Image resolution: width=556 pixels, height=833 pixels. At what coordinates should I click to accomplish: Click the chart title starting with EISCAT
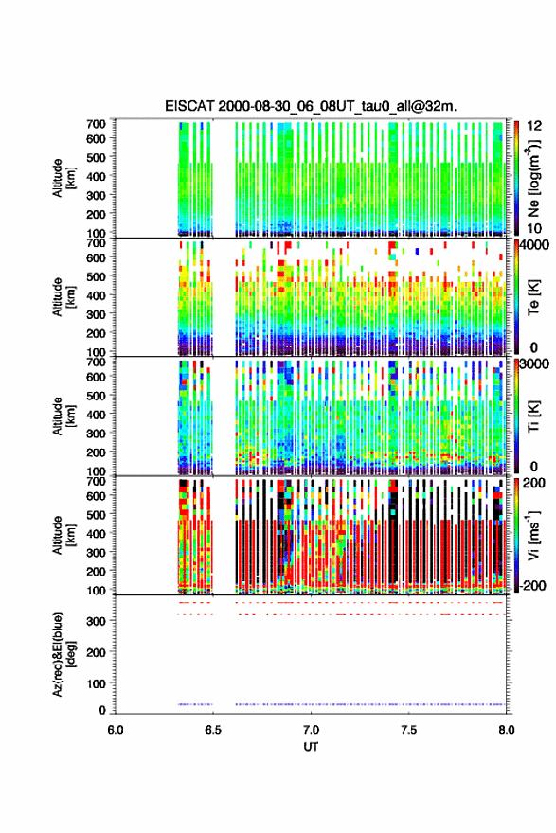[311, 106]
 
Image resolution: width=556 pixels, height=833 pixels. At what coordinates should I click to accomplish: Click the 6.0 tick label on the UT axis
[116, 730]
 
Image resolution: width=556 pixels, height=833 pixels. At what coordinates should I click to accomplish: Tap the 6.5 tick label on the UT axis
[212, 730]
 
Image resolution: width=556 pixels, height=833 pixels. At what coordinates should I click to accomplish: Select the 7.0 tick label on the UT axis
[311, 730]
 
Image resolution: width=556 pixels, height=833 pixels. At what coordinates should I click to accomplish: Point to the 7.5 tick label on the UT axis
[409, 730]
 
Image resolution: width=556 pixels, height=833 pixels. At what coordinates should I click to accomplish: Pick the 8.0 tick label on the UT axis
[507, 730]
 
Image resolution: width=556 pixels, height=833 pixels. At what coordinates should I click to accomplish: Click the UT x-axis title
[311, 747]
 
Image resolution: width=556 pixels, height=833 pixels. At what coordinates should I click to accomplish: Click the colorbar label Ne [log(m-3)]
[533, 178]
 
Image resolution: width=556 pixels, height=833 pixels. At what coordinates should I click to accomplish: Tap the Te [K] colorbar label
[533, 297]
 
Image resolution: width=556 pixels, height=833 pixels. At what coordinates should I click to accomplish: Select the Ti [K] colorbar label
[533, 416]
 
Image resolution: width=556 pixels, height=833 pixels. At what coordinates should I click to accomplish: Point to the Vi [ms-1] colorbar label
[533, 535]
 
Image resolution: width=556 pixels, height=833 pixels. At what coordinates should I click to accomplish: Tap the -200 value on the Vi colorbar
[530, 585]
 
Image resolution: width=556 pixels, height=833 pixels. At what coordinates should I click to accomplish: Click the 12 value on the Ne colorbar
[534, 126]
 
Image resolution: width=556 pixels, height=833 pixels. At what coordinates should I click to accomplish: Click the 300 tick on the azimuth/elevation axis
[97, 621]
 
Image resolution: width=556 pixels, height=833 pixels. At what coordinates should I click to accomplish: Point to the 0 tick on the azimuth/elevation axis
[102, 710]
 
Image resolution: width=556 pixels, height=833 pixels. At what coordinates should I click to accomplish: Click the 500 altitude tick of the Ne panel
[97, 157]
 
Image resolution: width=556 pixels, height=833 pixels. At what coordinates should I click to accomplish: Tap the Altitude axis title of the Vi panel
[63, 535]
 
